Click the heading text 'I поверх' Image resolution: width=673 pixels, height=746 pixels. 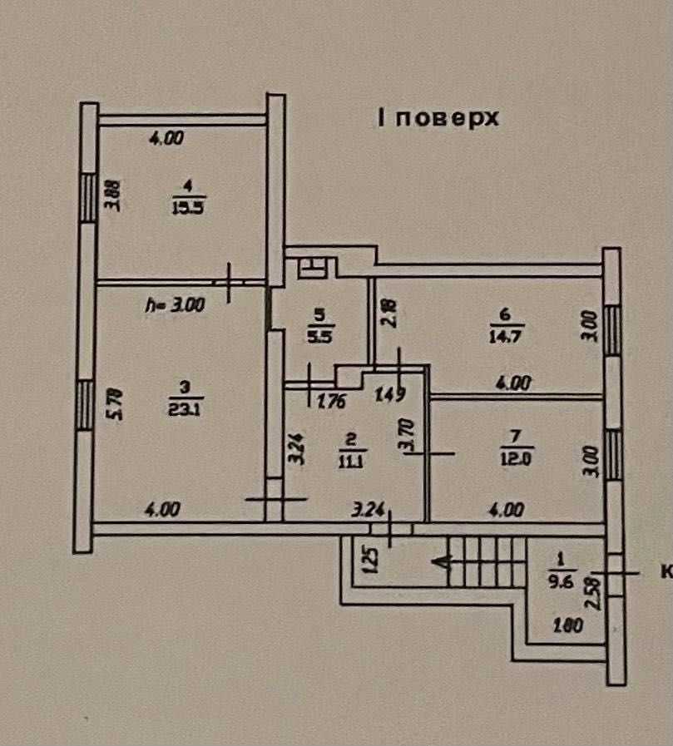pyautogui.click(x=438, y=118)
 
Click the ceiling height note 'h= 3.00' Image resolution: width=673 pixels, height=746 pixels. pyautogui.click(x=174, y=305)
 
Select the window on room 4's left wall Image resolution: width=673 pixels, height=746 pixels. pyautogui.click(x=88, y=198)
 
